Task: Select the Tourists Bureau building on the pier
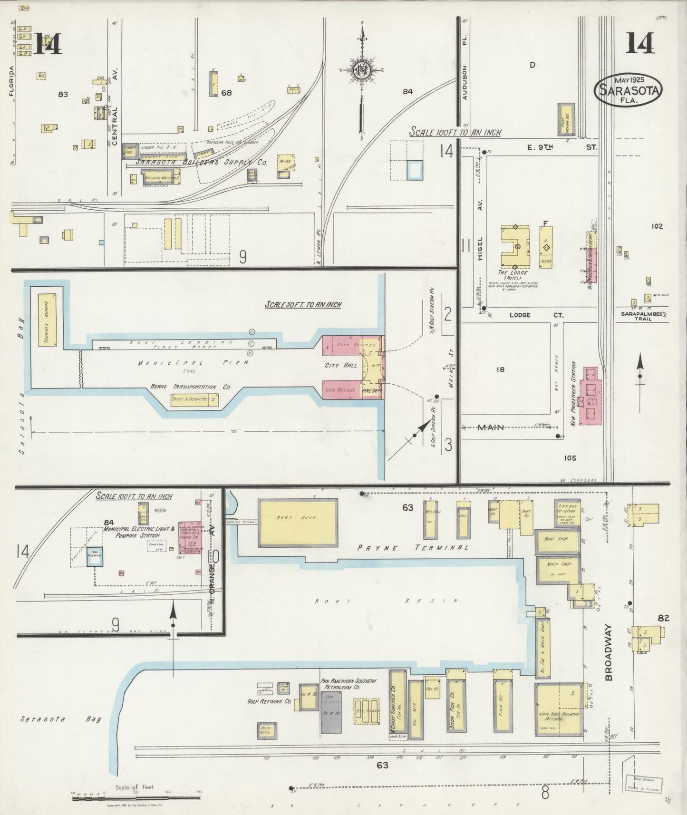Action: click(47, 319)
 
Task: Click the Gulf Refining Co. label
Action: click(269, 701)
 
